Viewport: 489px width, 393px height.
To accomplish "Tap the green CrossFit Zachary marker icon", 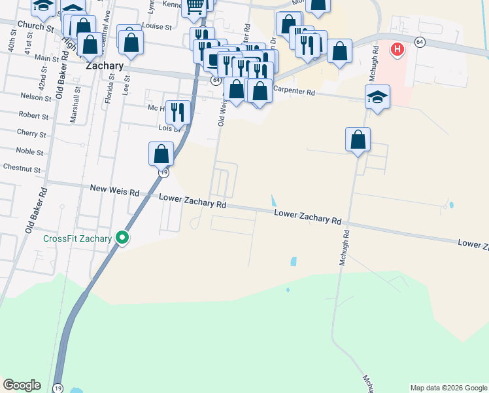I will click(x=122, y=238).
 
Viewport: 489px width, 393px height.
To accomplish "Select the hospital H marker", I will click(x=397, y=49).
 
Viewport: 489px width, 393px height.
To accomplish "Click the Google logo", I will click(x=22, y=385).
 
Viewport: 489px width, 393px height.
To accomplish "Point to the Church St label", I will click(x=35, y=26).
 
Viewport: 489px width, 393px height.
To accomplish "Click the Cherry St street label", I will click(x=33, y=134).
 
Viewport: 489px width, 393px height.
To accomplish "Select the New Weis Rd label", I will click(x=114, y=192).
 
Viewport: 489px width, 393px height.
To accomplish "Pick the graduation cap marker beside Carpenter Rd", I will click(x=377, y=97).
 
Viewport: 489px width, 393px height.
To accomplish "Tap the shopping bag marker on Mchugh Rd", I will click(x=358, y=140).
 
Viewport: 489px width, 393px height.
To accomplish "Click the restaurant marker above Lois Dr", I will click(x=177, y=112).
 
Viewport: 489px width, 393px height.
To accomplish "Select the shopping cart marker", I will click(x=195, y=7).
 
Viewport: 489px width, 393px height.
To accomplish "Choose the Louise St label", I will click(x=157, y=28).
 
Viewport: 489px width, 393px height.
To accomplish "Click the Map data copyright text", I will click(x=448, y=388).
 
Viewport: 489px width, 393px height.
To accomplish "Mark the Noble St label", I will click(x=29, y=152).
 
